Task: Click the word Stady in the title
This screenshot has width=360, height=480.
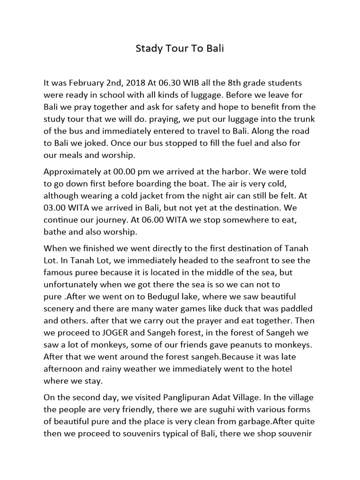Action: tap(148, 49)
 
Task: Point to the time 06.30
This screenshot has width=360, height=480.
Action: tap(180, 83)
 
